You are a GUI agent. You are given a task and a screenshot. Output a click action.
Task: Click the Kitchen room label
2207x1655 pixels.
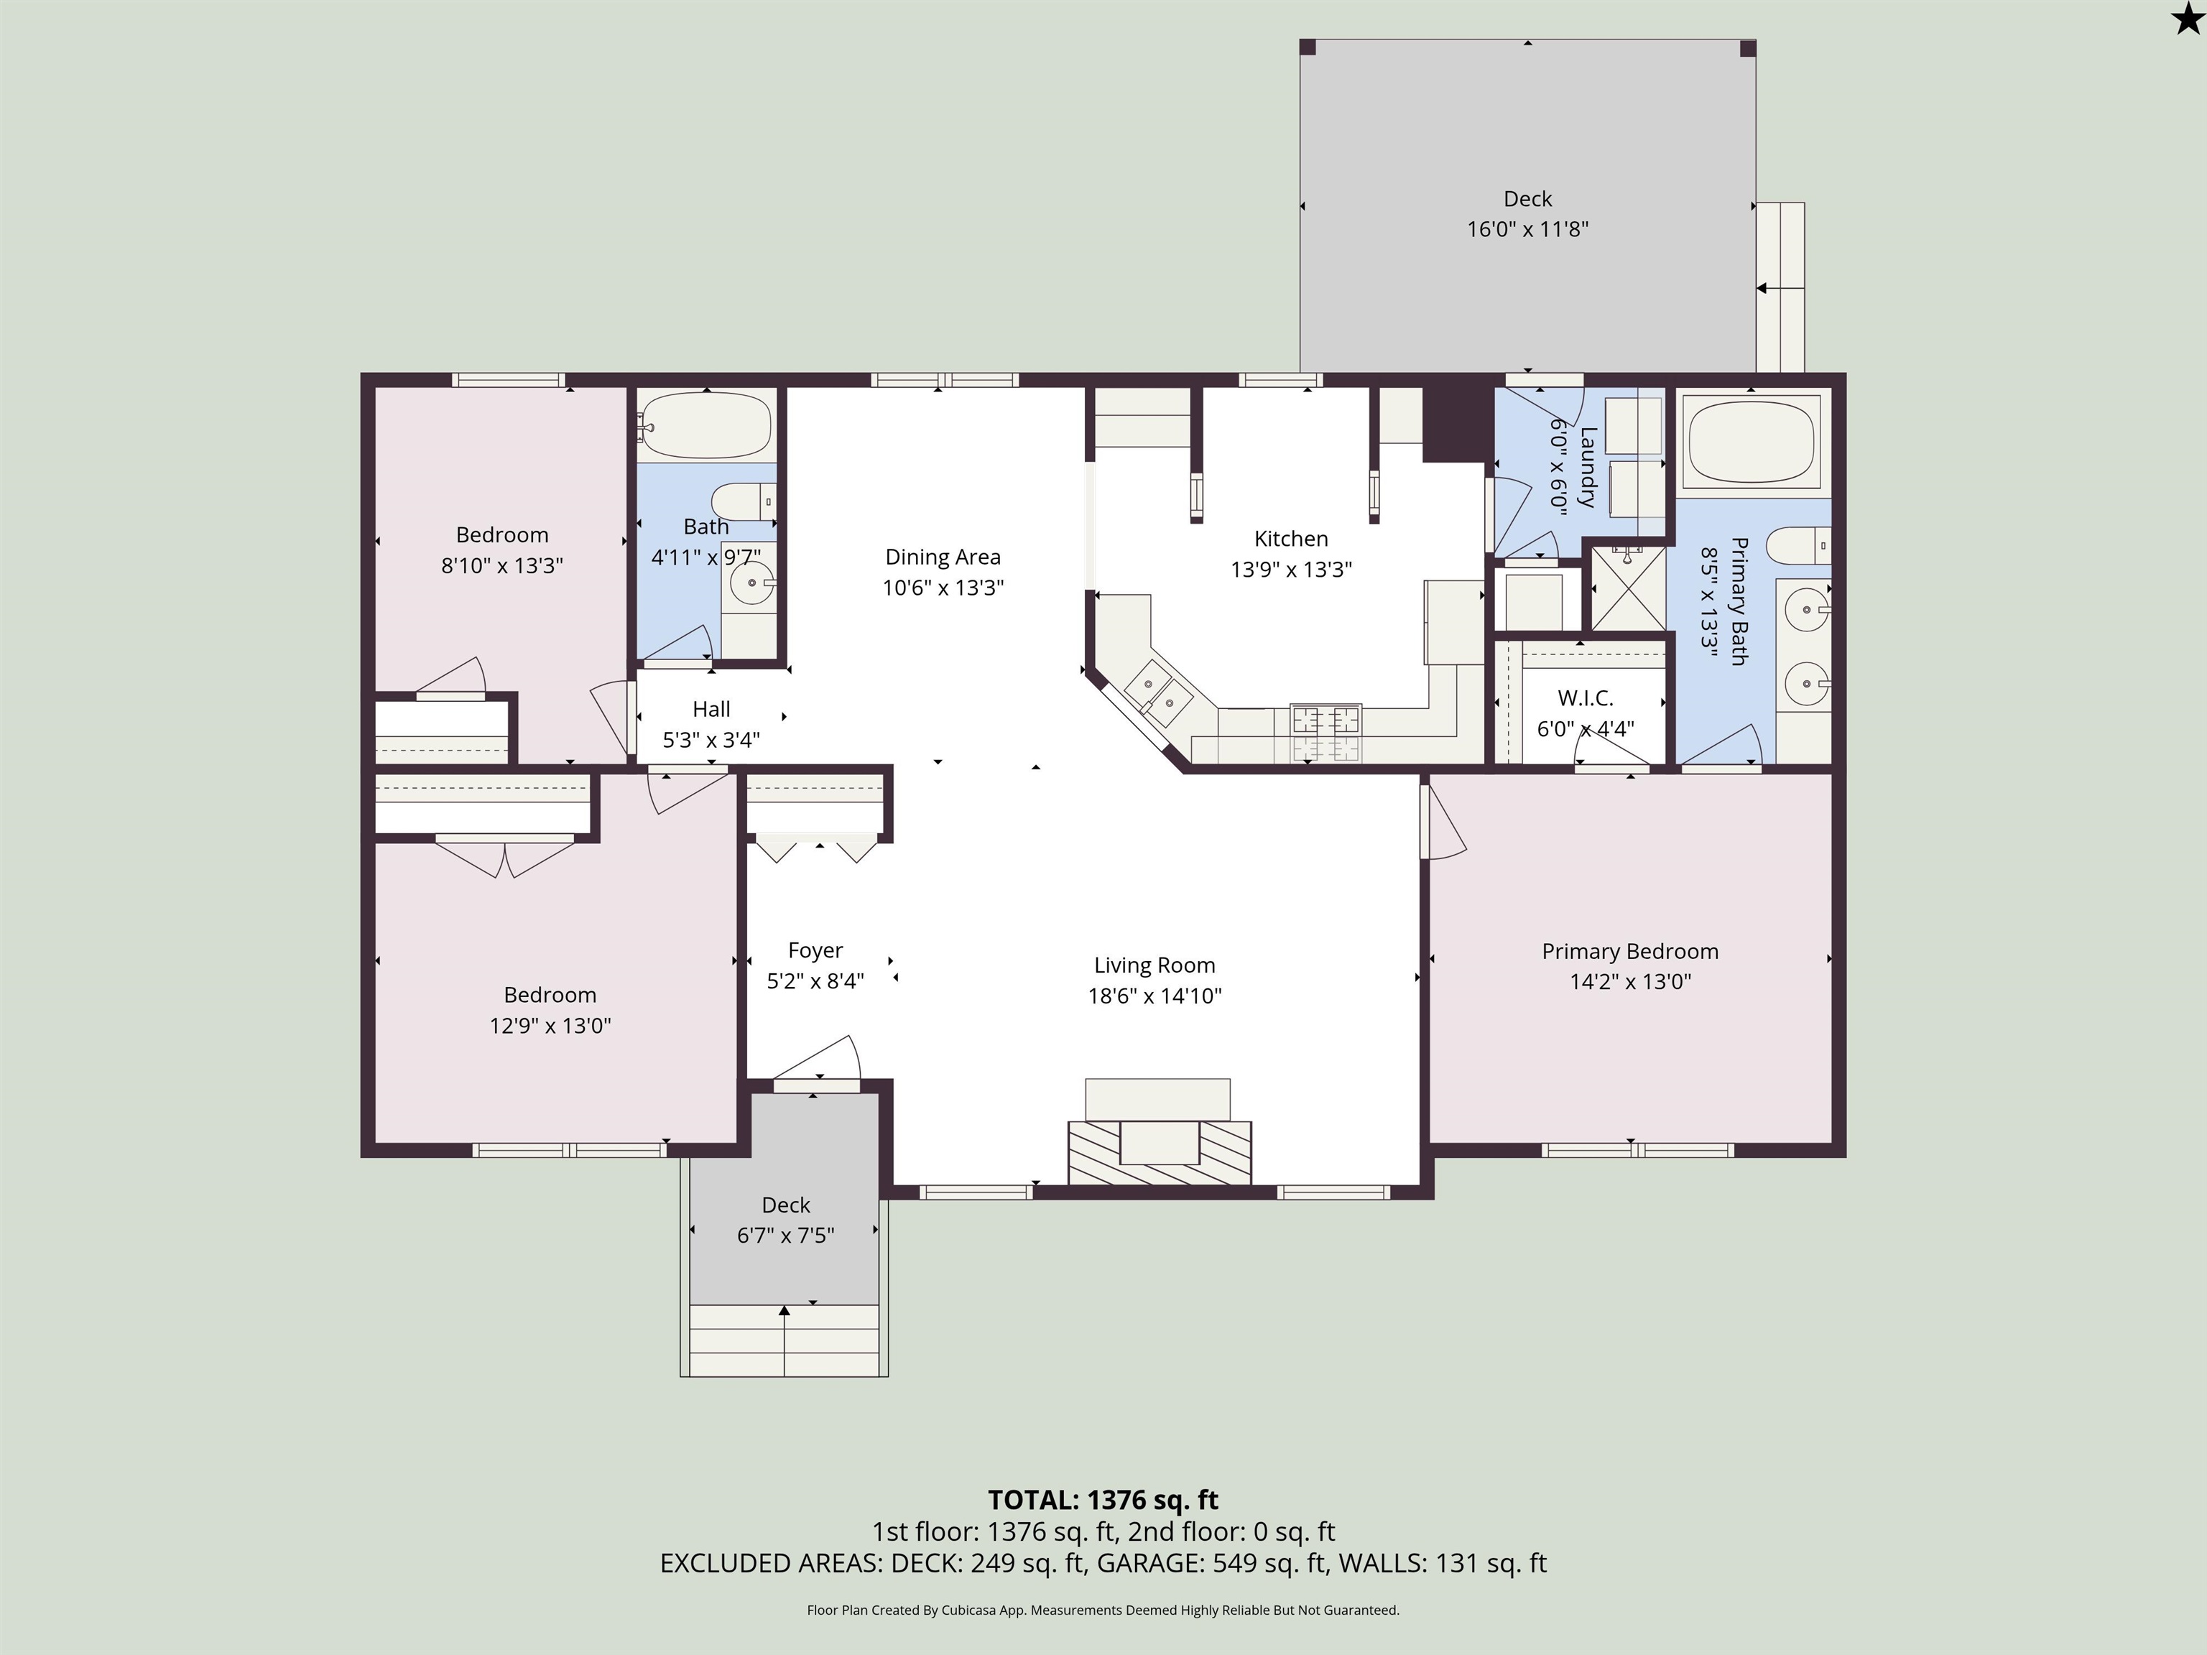pyautogui.click(x=1291, y=539)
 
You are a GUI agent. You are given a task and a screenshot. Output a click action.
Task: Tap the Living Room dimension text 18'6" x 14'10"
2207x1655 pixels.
pyautogui.click(x=1155, y=996)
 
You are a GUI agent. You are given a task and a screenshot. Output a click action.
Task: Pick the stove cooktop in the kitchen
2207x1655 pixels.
pyautogui.click(x=1326, y=734)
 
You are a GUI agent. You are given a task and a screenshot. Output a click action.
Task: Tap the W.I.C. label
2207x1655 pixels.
pyautogui.click(x=1586, y=698)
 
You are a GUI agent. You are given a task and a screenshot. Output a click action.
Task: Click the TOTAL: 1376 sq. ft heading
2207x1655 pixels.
pyautogui.click(x=1103, y=1501)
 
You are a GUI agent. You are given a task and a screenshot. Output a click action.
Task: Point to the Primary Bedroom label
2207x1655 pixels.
pyautogui.click(x=1630, y=952)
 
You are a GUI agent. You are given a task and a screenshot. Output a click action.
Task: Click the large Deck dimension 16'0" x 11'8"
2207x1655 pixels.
pyautogui.click(x=1527, y=229)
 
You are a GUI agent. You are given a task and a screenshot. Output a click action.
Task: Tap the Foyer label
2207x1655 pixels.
pyautogui.click(x=815, y=951)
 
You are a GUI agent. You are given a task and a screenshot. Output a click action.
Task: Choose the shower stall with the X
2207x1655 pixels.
pyautogui.click(x=1629, y=588)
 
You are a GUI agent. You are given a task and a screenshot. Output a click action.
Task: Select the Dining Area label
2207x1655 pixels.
pyautogui.click(x=943, y=557)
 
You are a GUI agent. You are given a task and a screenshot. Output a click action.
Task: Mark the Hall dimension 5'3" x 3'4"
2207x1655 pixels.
pyautogui.click(x=711, y=740)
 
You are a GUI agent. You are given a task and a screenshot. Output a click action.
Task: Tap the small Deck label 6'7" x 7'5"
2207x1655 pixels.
pyautogui.click(x=786, y=1220)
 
